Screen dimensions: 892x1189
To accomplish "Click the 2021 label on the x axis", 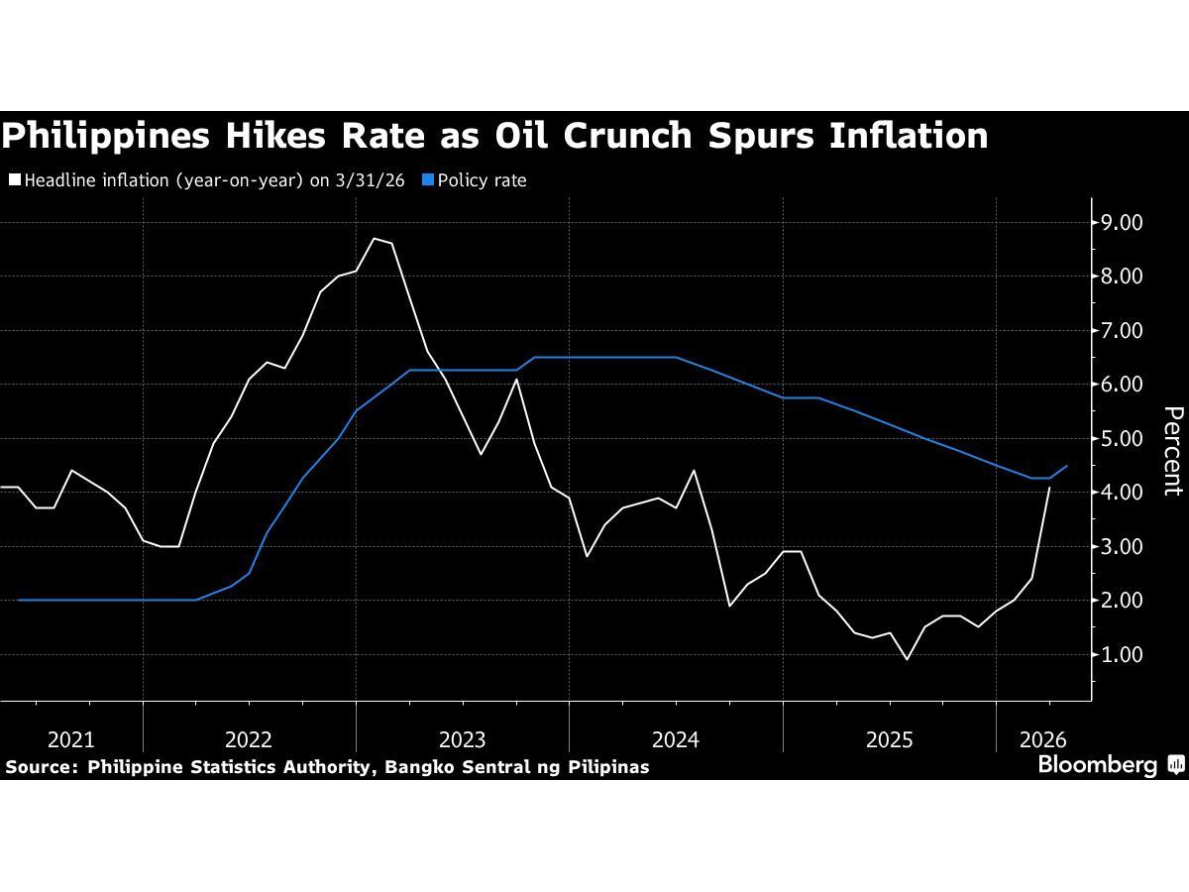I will pyautogui.click(x=71, y=739).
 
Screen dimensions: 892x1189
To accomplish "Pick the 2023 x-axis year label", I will pyautogui.click(x=462, y=739).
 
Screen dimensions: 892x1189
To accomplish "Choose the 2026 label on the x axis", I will pyautogui.click(x=1041, y=739).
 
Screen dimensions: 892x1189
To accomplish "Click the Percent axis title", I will pyautogui.click(x=1172, y=450).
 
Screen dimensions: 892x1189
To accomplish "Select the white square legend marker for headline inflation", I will pyautogui.click(x=14, y=180).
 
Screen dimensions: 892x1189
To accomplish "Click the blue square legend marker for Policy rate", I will pyautogui.click(x=427, y=180).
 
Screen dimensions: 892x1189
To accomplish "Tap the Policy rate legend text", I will pyautogui.click(x=483, y=180).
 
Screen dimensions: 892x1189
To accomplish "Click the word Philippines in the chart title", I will pyautogui.click(x=105, y=136).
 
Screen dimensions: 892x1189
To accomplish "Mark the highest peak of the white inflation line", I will pyautogui.click(x=374, y=238).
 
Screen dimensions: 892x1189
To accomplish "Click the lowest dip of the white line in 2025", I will pyautogui.click(x=907, y=659).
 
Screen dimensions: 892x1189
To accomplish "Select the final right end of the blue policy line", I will pyautogui.click(x=1067, y=466).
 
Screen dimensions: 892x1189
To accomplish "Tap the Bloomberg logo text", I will pyautogui.click(x=1097, y=765).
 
